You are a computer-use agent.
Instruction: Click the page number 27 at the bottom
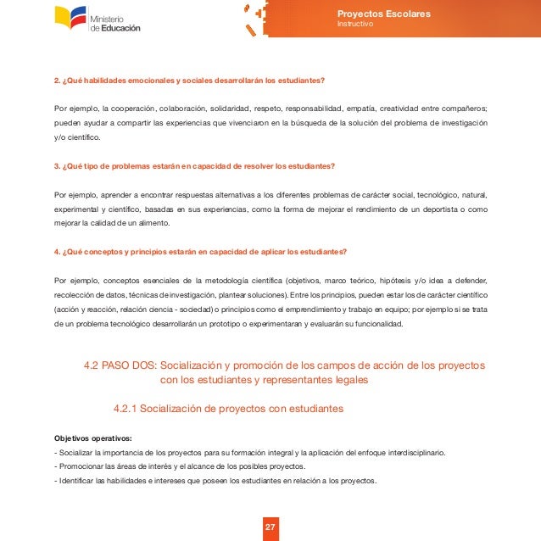(270, 528)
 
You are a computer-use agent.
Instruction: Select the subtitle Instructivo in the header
(354, 24)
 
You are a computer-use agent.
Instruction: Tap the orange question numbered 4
(199, 252)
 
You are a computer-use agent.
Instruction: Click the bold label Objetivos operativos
(92, 438)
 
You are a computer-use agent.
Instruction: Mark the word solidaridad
(226, 109)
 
